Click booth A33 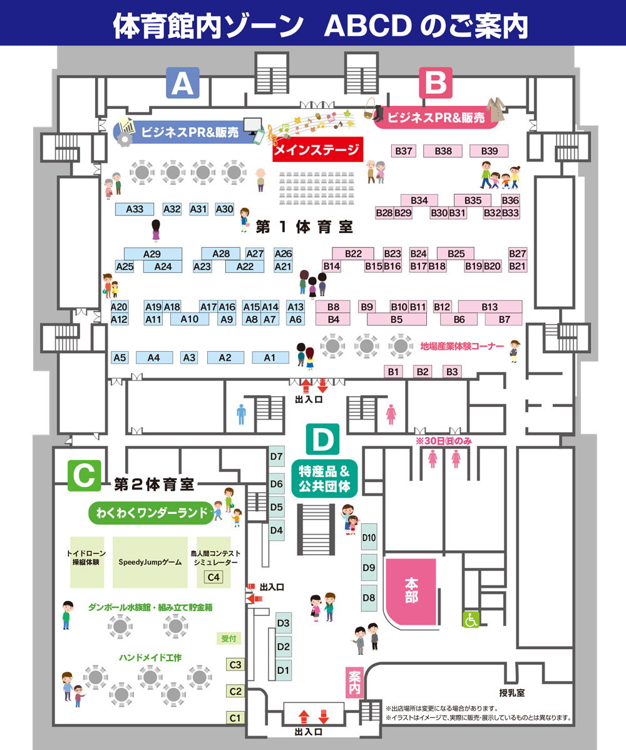[x=135, y=209]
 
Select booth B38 [x=443, y=151]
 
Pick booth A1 [x=270, y=357]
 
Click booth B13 [x=490, y=307]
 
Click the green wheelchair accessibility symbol [x=471, y=619]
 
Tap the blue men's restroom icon [x=242, y=413]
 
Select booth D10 [x=369, y=538]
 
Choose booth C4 [x=213, y=577]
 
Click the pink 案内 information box [x=355, y=681]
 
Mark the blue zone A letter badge [x=182, y=83]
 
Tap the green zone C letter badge [x=84, y=476]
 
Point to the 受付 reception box [x=228, y=639]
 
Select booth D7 [x=277, y=456]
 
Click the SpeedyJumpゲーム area [x=150, y=562]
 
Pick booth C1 [x=235, y=717]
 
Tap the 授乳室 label [x=512, y=692]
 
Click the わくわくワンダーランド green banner [x=151, y=513]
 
